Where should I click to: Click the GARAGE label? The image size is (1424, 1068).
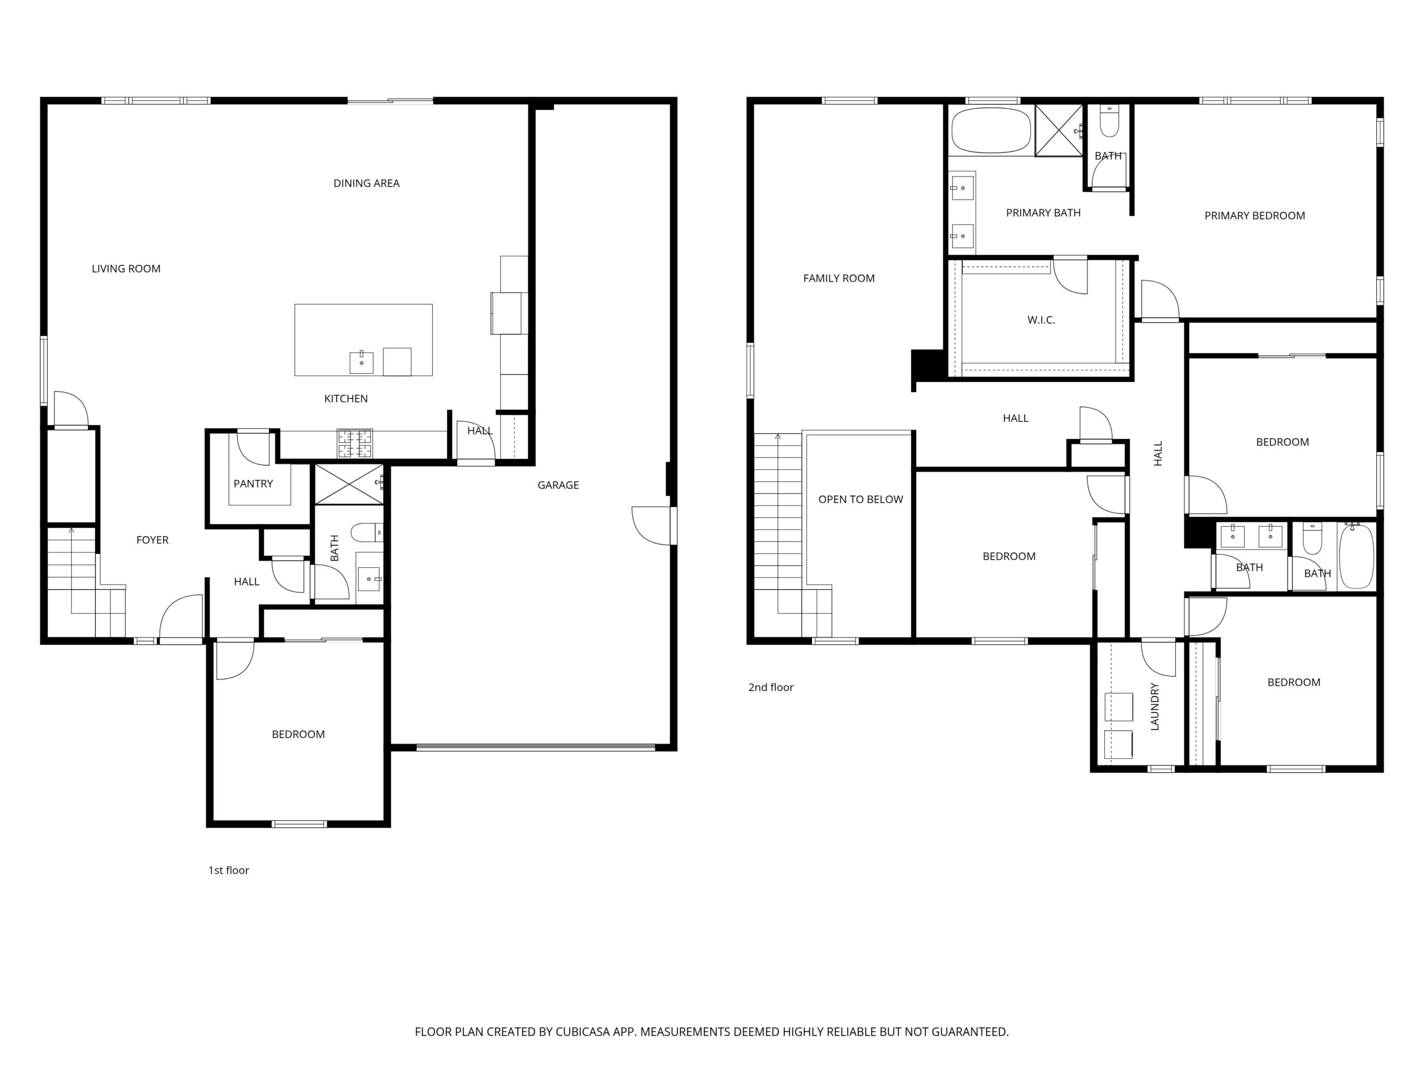pyautogui.click(x=558, y=484)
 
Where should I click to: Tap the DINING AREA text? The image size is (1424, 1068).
pyautogui.click(x=367, y=183)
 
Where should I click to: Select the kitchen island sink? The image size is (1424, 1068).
pyautogui.click(x=361, y=363)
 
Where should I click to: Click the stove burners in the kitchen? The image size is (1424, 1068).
pyautogui.click(x=355, y=443)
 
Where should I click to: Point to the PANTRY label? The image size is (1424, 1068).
pyautogui.click(x=253, y=483)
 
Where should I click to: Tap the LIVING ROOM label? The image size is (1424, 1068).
pyautogui.click(x=126, y=269)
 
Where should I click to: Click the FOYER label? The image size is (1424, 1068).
pyautogui.click(x=152, y=540)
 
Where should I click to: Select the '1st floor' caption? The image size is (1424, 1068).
pyautogui.click(x=229, y=870)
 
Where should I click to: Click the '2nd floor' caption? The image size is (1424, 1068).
pyautogui.click(x=770, y=687)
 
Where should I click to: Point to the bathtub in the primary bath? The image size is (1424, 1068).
pyautogui.click(x=991, y=130)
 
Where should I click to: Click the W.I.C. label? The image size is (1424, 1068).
pyautogui.click(x=1041, y=320)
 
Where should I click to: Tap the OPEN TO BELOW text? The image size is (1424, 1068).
pyautogui.click(x=861, y=499)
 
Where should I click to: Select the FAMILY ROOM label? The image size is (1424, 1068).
pyautogui.click(x=839, y=278)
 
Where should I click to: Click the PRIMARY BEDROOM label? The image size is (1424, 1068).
pyautogui.click(x=1255, y=216)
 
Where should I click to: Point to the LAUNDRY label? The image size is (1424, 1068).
pyautogui.click(x=1154, y=706)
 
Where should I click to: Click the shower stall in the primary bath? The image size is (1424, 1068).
pyautogui.click(x=1059, y=130)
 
